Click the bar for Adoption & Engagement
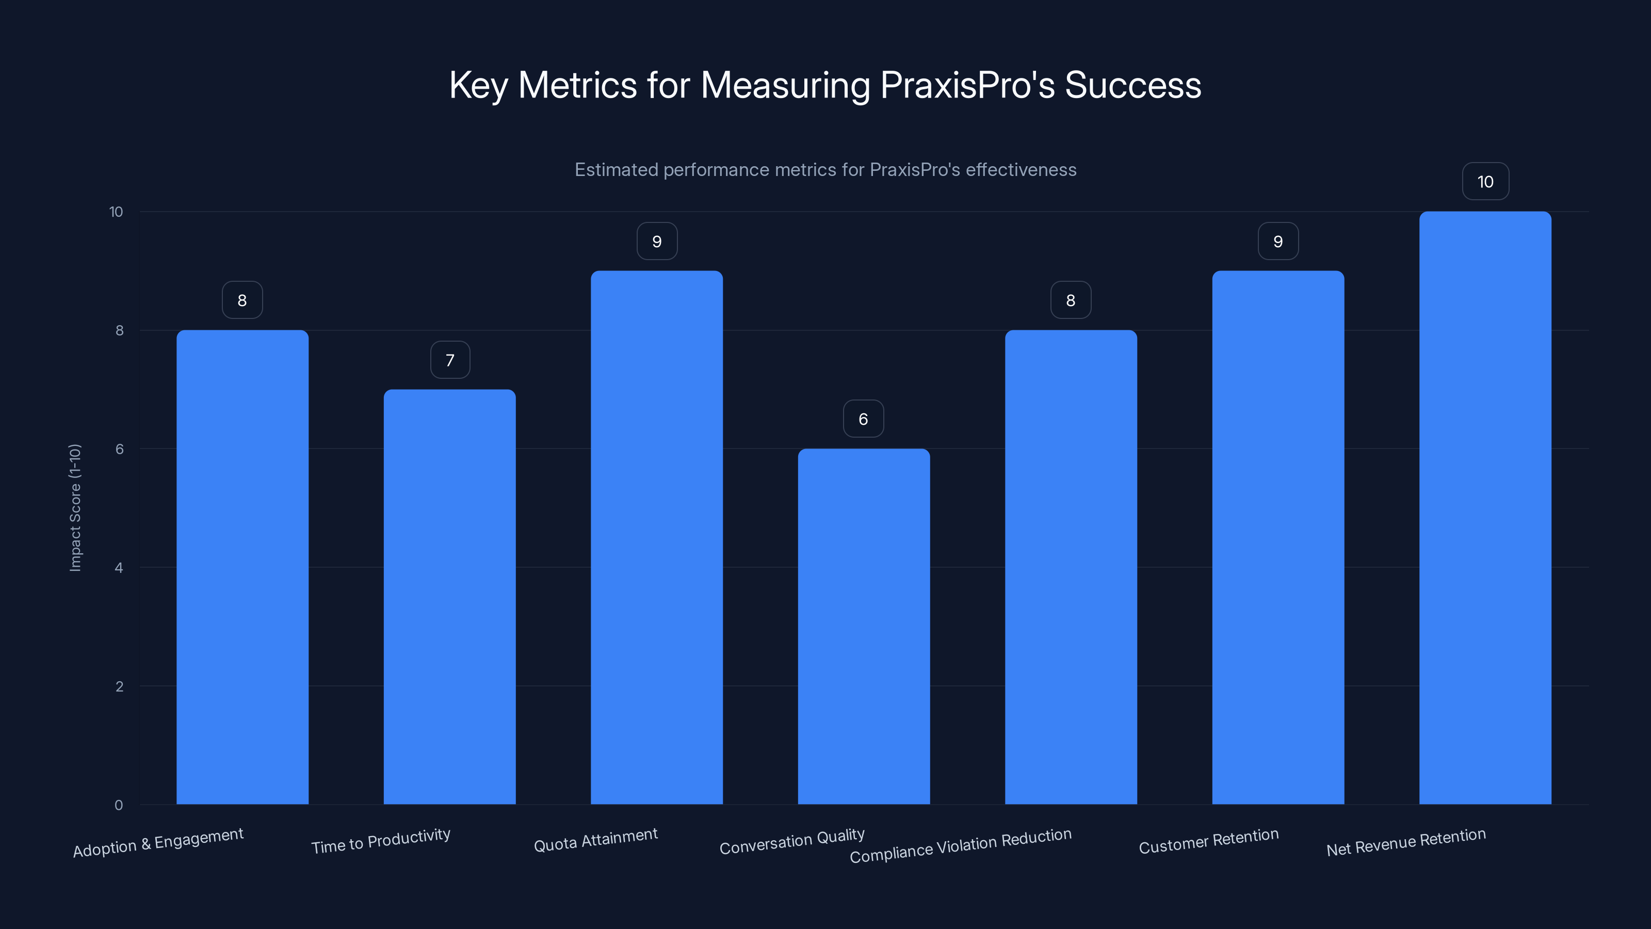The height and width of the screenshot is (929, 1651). tap(242, 567)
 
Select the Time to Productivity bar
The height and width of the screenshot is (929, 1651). tap(449, 596)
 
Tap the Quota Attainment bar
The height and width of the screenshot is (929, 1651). tap(656, 537)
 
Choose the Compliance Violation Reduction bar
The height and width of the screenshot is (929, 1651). tap(1071, 567)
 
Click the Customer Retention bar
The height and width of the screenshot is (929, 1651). tap(1277, 537)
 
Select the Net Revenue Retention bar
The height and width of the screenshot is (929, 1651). tap(1485, 508)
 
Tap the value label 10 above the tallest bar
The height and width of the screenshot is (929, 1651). tap(1485, 182)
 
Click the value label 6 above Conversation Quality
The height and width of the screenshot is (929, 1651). tap(863, 419)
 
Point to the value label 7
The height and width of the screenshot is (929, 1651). tap(450, 360)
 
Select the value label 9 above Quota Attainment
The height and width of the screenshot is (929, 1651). tap(657, 241)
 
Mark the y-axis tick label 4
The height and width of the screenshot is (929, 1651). tap(119, 567)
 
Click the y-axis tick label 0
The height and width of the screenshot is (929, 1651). tap(119, 805)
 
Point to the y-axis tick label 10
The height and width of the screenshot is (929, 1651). tap(116, 212)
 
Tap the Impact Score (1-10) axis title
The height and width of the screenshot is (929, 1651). tap(75, 507)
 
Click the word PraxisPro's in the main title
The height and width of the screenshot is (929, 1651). tap(967, 85)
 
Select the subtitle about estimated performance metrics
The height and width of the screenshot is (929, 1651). tap(826, 169)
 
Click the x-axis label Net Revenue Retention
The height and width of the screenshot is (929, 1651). tap(1405, 842)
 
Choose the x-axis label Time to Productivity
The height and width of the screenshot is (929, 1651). tap(381, 841)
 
